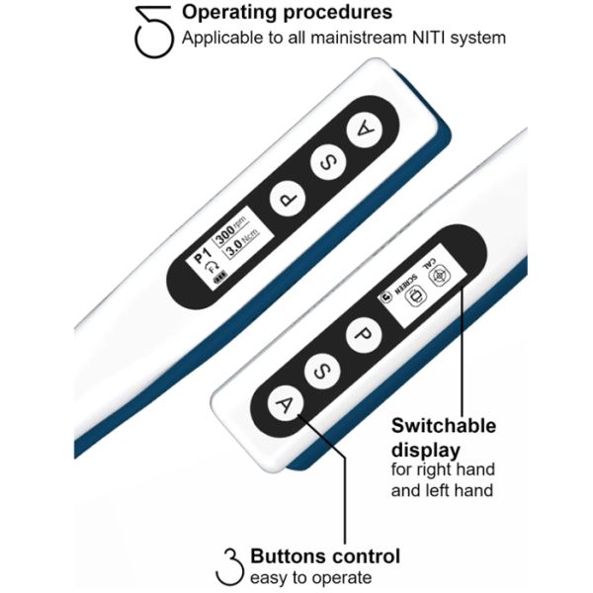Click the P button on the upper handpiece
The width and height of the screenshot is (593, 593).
(x=286, y=198)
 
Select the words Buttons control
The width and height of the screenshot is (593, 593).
(x=325, y=556)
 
